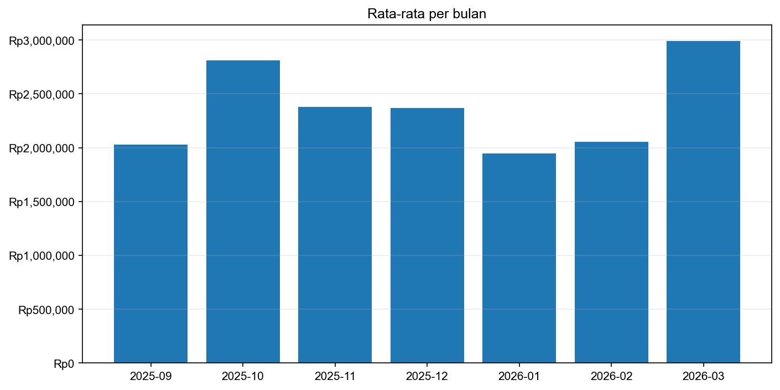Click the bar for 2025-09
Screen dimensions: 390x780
point(150,254)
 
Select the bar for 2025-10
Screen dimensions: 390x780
point(243,212)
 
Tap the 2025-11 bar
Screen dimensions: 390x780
point(335,235)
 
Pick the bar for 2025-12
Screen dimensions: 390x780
point(427,235)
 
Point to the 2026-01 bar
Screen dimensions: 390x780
point(519,258)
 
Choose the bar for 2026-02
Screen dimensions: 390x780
point(611,252)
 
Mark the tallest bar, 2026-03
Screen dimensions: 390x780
point(703,202)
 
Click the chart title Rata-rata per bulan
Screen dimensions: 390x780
point(427,14)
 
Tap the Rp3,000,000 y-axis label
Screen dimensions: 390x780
point(41,40)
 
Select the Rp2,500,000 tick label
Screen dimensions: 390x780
point(41,94)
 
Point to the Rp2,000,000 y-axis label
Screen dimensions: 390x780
point(41,148)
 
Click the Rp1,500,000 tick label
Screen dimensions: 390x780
point(41,202)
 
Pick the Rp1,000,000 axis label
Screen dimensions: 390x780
point(41,255)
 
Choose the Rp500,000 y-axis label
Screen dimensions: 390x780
point(46,310)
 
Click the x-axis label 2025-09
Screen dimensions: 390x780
point(150,377)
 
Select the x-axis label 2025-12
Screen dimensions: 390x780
point(427,377)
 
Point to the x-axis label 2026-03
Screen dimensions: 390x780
point(703,377)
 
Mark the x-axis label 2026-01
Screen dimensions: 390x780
point(519,377)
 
